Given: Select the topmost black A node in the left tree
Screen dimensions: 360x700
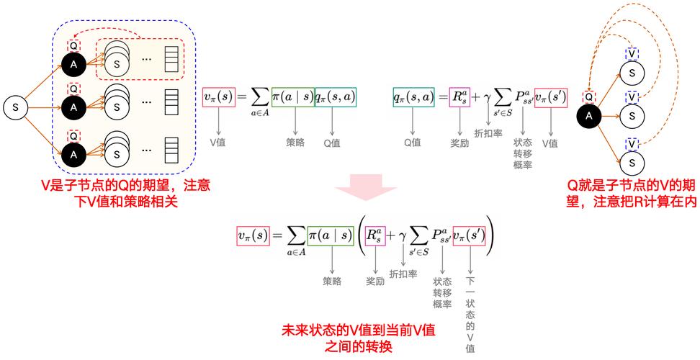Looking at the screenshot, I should click(x=72, y=66).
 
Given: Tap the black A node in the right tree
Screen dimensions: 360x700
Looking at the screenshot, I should click(x=589, y=115).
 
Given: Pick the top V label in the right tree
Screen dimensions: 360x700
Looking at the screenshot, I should click(x=632, y=53).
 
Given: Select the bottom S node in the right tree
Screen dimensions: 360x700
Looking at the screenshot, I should click(x=632, y=164).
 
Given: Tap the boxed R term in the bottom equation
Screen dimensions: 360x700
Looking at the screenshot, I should click(x=373, y=235).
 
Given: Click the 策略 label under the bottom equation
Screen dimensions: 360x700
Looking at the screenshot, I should click(x=332, y=281).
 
